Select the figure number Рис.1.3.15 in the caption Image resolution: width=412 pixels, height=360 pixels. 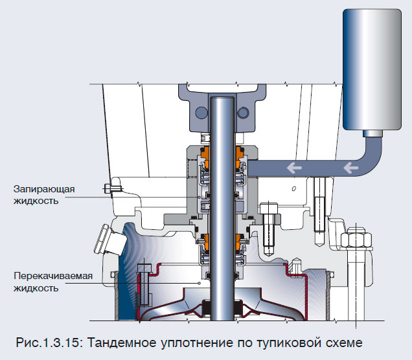[x=51, y=341]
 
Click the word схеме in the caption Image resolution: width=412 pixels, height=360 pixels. [x=354, y=341]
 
